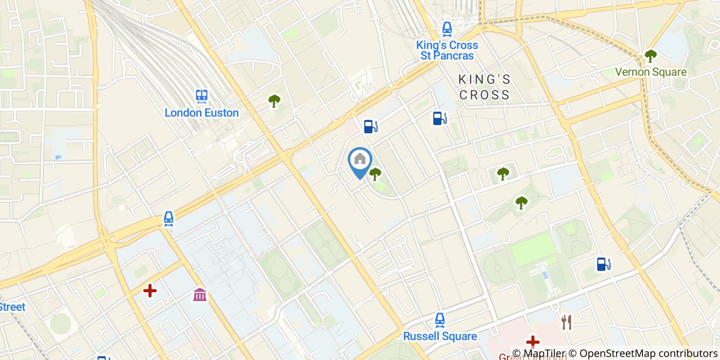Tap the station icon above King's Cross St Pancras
point(447,28)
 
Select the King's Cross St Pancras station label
point(447,50)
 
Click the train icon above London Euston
point(202,96)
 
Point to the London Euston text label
point(202,113)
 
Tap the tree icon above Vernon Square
point(651,56)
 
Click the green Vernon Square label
point(651,72)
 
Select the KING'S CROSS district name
point(484,87)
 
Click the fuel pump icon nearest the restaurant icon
point(603,264)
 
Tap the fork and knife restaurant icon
point(566,322)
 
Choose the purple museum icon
point(200,295)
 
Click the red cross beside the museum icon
point(150,291)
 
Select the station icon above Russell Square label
point(440,320)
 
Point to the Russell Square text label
point(440,336)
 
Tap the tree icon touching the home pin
point(375,174)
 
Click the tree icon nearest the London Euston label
point(274,101)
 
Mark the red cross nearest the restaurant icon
point(533,341)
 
